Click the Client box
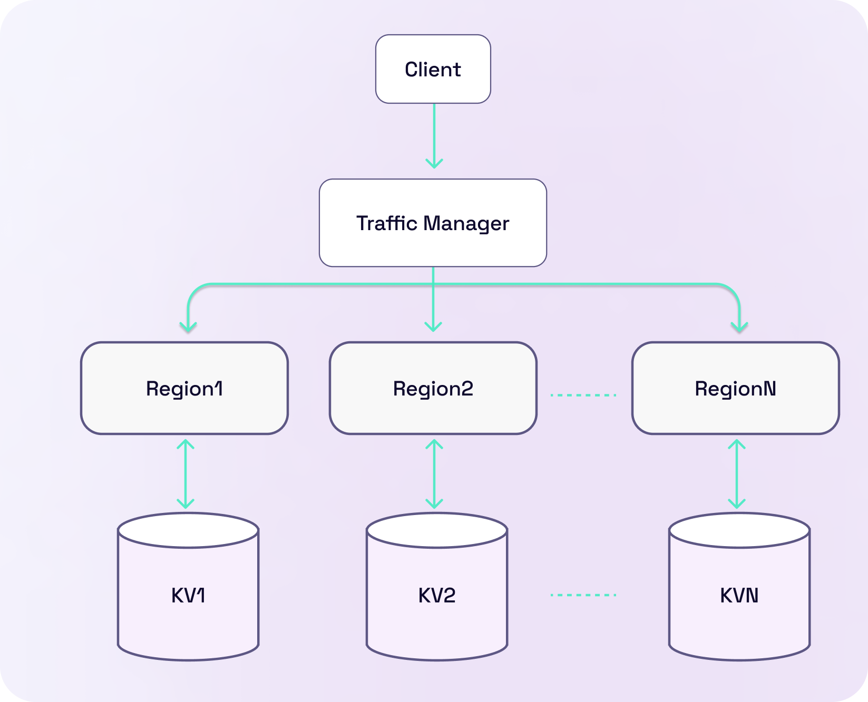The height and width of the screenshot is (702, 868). click(433, 69)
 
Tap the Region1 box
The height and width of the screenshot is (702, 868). click(184, 388)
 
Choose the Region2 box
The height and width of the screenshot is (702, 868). click(433, 388)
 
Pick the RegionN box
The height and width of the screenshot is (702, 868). click(735, 388)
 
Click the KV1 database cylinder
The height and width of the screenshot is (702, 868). click(188, 595)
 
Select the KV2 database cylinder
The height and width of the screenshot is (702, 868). click(437, 595)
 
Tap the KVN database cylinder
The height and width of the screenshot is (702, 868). click(739, 595)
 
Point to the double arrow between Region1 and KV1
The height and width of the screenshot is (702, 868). click(185, 474)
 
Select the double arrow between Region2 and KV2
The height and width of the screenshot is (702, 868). click(434, 474)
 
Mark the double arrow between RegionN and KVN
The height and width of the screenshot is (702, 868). click(736, 474)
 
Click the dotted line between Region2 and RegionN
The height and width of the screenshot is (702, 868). click(583, 394)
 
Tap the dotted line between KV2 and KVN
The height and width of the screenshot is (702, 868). click(583, 595)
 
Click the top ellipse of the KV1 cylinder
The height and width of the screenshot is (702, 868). click(188, 530)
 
